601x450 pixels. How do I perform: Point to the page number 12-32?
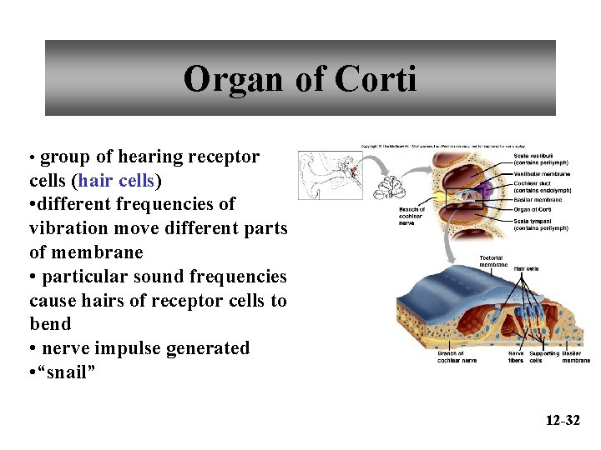562,420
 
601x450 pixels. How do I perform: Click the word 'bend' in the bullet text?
50,323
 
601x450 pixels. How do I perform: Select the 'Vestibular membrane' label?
542,173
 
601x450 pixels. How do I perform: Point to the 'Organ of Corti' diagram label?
532,209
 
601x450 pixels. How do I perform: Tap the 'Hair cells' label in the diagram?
526,268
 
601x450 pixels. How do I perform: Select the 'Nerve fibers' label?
516,357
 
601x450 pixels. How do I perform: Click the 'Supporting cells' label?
544,357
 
